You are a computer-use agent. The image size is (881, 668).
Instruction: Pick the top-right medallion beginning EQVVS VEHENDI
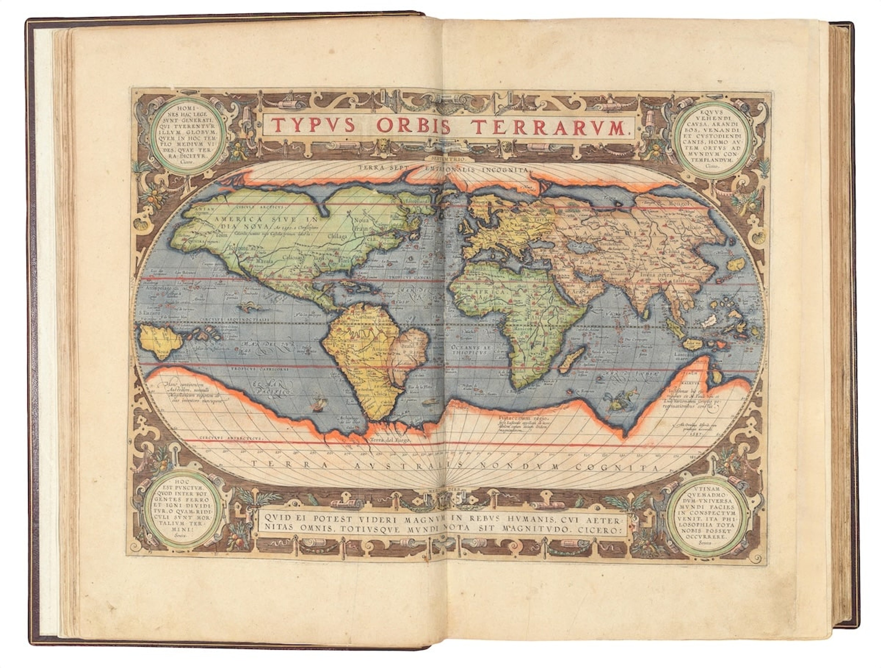coord(705,137)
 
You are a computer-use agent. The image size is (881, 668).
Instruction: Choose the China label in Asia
coord(672,252)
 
